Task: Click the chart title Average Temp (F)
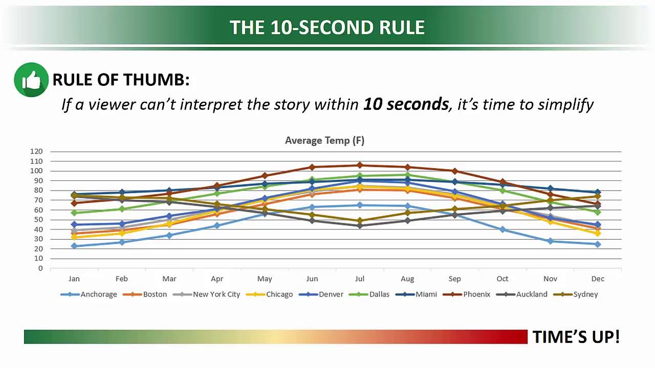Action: pyautogui.click(x=324, y=141)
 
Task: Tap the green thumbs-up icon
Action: pyautogui.click(x=31, y=80)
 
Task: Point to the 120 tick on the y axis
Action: pyautogui.click(x=36, y=152)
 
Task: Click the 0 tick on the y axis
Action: pyautogui.click(x=40, y=269)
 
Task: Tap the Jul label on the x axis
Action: pyautogui.click(x=360, y=279)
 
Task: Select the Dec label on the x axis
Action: pyautogui.click(x=597, y=279)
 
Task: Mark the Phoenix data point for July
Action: pyautogui.click(x=360, y=165)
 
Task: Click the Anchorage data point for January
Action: pyautogui.click(x=74, y=246)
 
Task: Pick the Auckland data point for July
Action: pyautogui.click(x=360, y=225)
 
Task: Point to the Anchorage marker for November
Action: pyautogui.click(x=550, y=241)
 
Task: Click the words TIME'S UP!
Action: pyautogui.click(x=576, y=337)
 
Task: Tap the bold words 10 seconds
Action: pyautogui.click(x=406, y=104)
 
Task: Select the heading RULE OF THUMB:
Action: pyautogui.click(x=121, y=80)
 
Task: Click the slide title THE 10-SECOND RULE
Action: pyautogui.click(x=327, y=28)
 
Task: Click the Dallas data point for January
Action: pyautogui.click(x=74, y=213)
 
